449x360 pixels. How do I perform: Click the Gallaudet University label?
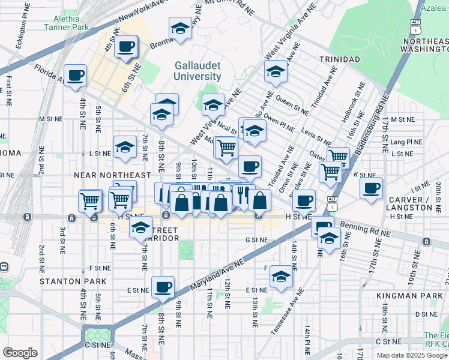[x=197, y=71]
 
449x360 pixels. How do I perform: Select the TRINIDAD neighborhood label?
[x=339, y=59]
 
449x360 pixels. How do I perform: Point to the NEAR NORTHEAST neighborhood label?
[x=112, y=175]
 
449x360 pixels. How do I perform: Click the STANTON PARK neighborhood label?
[x=73, y=281]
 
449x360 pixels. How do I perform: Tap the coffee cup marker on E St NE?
[x=162, y=287]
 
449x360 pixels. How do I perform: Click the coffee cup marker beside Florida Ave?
[x=75, y=76]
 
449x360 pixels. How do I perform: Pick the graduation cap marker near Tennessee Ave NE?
[x=280, y=276]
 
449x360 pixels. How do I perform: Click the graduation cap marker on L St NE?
[x=125, y=146]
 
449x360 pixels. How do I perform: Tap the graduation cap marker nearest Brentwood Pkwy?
[x=179, y=28]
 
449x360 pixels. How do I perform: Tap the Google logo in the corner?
[x=20, y=353]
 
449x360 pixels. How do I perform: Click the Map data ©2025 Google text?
[x=411, y=355]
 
